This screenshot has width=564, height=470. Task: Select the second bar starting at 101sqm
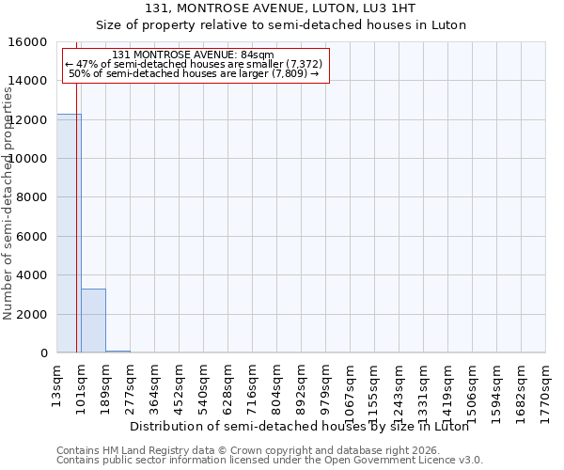[x=93, y=321]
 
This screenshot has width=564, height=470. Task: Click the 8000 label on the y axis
[x=32, y=197]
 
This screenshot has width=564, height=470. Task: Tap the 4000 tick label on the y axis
[x=32, y=275]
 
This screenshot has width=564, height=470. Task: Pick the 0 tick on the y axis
[x=43, y=353]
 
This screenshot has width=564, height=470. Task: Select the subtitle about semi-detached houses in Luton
[x=281, y=25]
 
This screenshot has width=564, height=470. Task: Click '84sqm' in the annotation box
[x=257, y=55]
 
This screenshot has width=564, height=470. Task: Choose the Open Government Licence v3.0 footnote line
[x=270, y=461]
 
